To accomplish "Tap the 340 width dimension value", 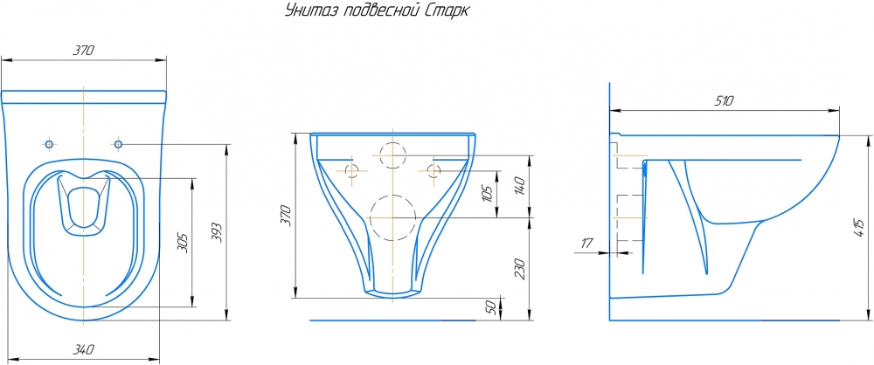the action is point(84,350).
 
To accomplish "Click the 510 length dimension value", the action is point(724,101).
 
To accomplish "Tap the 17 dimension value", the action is point(587,243).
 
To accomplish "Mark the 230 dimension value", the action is point(521,269).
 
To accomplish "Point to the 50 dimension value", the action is point(491,307).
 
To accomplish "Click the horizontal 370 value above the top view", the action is point(84,50).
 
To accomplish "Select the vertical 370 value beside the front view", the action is point(286,215).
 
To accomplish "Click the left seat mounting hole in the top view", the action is point(49,144).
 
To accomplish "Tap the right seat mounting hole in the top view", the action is point(118,144).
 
